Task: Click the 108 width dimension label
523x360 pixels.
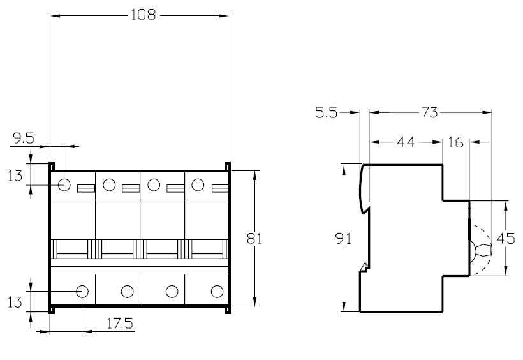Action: (143, 15)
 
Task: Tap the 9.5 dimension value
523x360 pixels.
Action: (24, 139)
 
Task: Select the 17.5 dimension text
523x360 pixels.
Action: (120, 323)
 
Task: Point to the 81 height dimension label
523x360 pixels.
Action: (254, 239)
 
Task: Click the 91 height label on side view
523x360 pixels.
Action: (343, 239)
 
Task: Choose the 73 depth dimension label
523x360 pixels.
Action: (430, 112)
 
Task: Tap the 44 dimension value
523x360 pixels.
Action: (406, 142)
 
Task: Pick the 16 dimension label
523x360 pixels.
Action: (455, 142)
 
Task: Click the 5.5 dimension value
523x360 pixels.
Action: (327, 113)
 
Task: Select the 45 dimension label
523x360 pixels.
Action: (506, 239)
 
